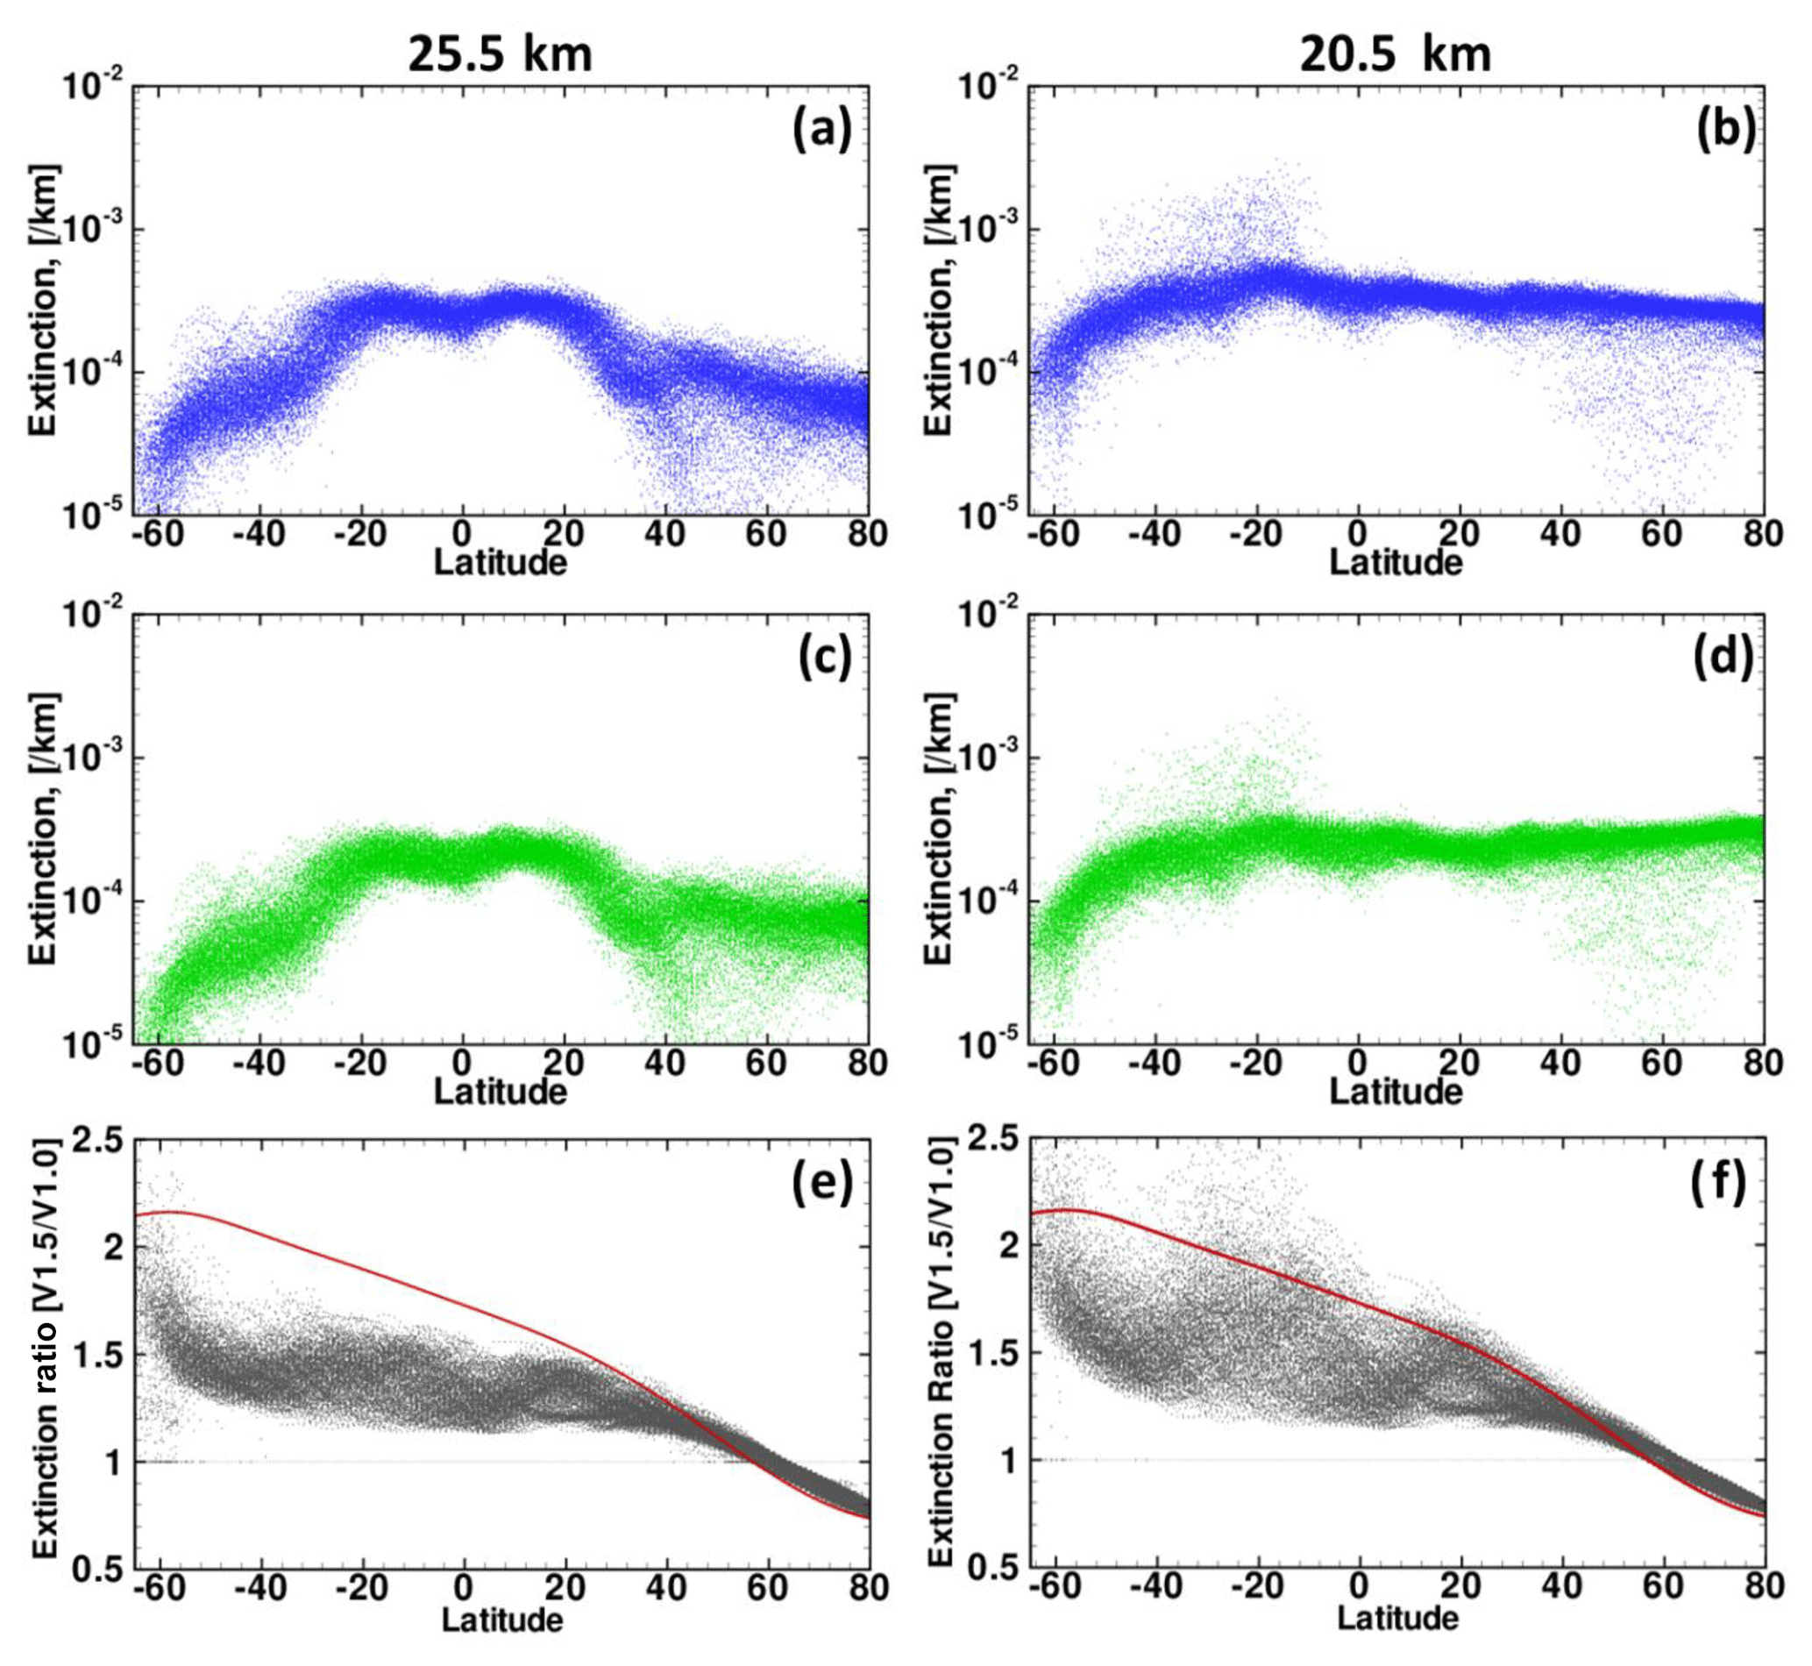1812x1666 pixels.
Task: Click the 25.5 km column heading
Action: tap(501, 54)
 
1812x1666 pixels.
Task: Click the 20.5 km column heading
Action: tap(1396, 54)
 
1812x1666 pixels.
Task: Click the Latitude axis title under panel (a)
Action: tap(501, 563)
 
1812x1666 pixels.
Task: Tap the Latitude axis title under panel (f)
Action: tap(1397, 1619)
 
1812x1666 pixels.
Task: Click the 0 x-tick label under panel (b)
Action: tap(1358, 534)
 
